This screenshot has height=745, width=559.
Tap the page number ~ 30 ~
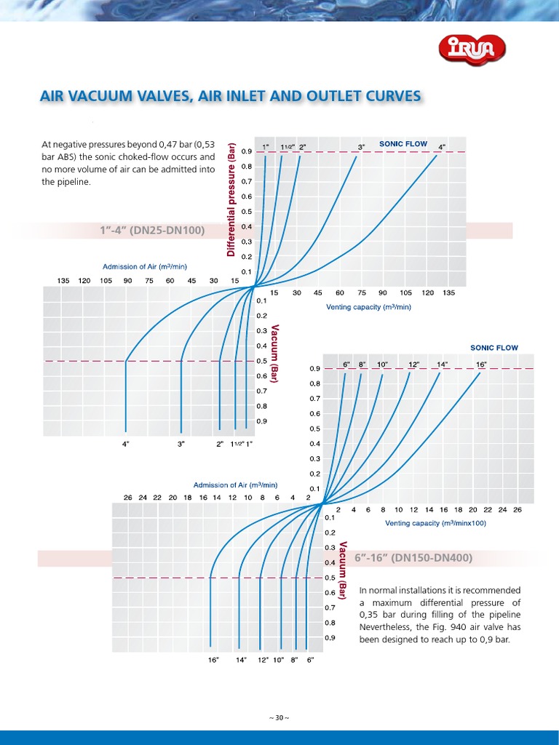click(x=279, y=717)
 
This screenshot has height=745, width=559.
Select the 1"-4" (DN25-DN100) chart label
click(x=152, y=231)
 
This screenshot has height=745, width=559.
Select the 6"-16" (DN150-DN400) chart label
click(x=413, y=558)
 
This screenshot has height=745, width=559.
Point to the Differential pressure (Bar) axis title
click(x=231, y=199)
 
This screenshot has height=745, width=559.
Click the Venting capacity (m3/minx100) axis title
click(x=435, y=523)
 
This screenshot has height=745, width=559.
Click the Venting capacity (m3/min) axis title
click(x=368, y=307)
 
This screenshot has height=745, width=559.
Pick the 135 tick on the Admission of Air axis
click(x=63, y=280)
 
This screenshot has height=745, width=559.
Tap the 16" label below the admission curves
click(x=213, y=660)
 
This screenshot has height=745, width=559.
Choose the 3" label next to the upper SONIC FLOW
click(x=362, y=147)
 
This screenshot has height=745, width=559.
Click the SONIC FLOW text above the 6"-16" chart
click(x=494, y=348)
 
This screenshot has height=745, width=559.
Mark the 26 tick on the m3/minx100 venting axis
click(x=518, y=510)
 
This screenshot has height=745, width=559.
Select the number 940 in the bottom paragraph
click(x=453, y=627)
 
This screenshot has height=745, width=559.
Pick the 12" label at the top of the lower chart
click(x=413, y=364)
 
